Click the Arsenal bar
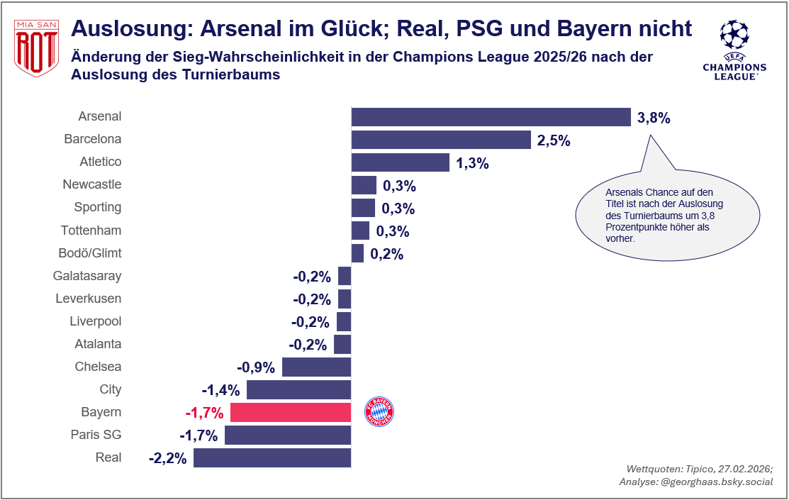tap(491, 117)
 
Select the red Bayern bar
tap(291, 412)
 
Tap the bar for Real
tap(272, 457)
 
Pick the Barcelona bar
tap(441, 140)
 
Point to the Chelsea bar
tap(316, 367)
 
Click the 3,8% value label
tap(654, 118)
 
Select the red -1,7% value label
tap(204, 413)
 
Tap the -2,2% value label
tap(168, 458)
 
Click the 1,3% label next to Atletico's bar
tap(472, 163)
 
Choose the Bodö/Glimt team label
tap(89, 253)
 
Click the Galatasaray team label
tap(87, 276)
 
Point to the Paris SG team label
tap(96, 435)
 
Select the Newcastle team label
tap(92, 184)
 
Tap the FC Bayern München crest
tap(379, 412)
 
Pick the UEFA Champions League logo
tap(734, 49)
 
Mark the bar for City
tap(298, 389)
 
